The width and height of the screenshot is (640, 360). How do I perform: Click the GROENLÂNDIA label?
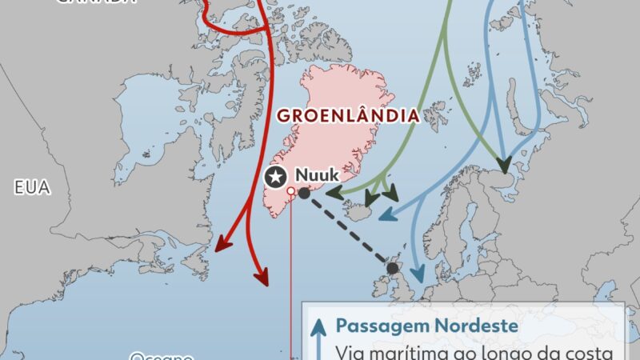point(348,115)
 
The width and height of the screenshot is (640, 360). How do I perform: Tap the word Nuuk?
point(314,174)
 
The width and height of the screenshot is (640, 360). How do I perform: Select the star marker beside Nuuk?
point(276,176)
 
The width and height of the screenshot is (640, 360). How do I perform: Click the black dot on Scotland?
point(392,269)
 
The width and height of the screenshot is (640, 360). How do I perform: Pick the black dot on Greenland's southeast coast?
point(304,192)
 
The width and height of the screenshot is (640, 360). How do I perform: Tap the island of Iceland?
point(359,210)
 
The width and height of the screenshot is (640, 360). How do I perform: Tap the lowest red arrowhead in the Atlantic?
point(262,277)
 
